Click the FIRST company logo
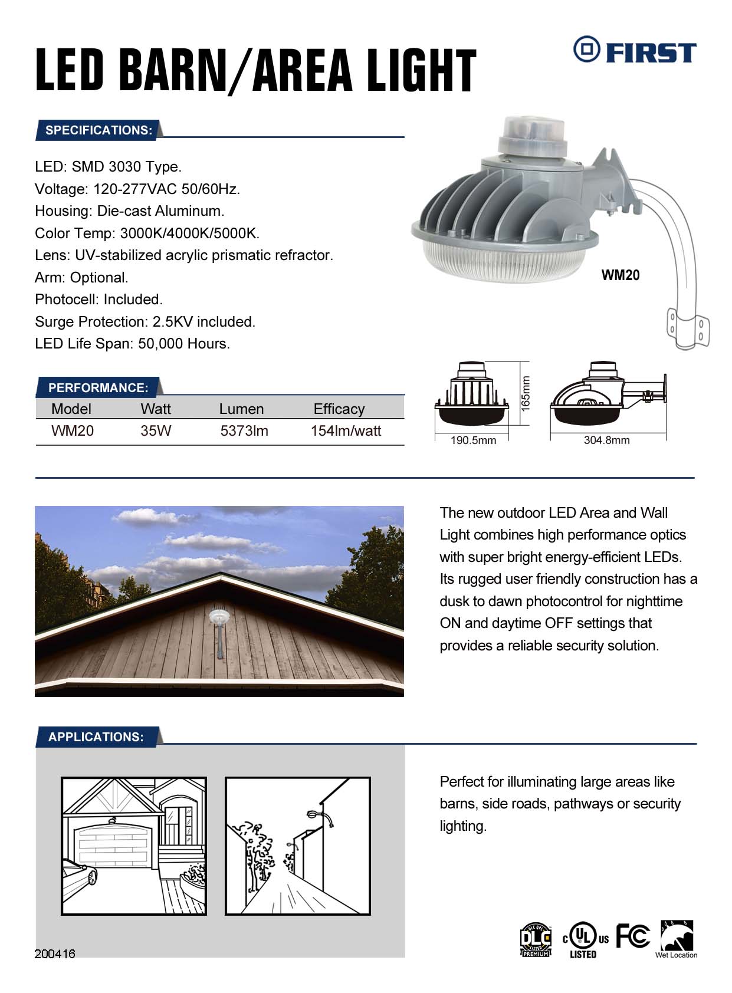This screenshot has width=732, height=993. (634, 51)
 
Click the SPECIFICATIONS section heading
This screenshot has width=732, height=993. (99, 130)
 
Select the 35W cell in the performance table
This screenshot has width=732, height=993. (156, 431)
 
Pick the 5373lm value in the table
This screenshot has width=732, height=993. (244, 431)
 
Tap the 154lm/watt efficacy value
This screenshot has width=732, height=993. (346, 431)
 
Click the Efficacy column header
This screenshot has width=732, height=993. (339, 409)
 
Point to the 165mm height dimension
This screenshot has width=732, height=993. (526, 393)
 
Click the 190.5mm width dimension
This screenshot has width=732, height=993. (473, 440)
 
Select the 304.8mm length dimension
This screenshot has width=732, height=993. (606, 440)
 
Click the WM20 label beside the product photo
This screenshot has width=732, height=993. (620, 275)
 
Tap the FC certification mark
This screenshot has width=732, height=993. (632, 936)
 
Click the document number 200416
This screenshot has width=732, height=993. (55, 954)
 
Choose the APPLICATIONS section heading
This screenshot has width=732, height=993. (96, 737)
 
